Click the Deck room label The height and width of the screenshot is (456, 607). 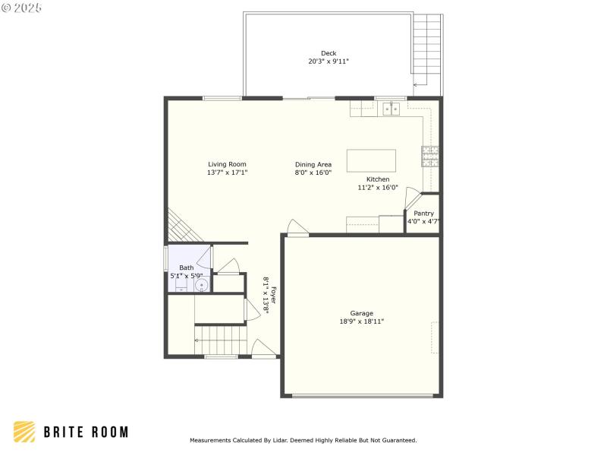(x=328, y=53)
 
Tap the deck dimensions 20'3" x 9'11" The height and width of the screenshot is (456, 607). (x=328, y=62)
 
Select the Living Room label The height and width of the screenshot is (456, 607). (x=227, y=164)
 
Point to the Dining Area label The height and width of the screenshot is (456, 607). (x=313, y=164)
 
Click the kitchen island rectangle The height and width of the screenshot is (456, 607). (x=371, y=160)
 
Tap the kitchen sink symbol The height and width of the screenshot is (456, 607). (x=392, y=109)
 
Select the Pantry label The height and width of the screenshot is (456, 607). (x=423, y=214)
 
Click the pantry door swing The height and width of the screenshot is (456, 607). (x=412, y=198)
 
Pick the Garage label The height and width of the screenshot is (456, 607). (x=361, y=313)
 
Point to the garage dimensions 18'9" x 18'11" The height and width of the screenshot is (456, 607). (x=361, y=321)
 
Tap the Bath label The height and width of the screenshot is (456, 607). (x=186, y=268)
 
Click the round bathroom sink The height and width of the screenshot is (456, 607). (x=202, y=286)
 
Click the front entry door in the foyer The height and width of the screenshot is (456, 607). (x=263, y=349)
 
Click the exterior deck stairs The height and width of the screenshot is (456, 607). (x=427, y=49)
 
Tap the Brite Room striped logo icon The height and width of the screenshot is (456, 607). (x=24, y=432)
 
